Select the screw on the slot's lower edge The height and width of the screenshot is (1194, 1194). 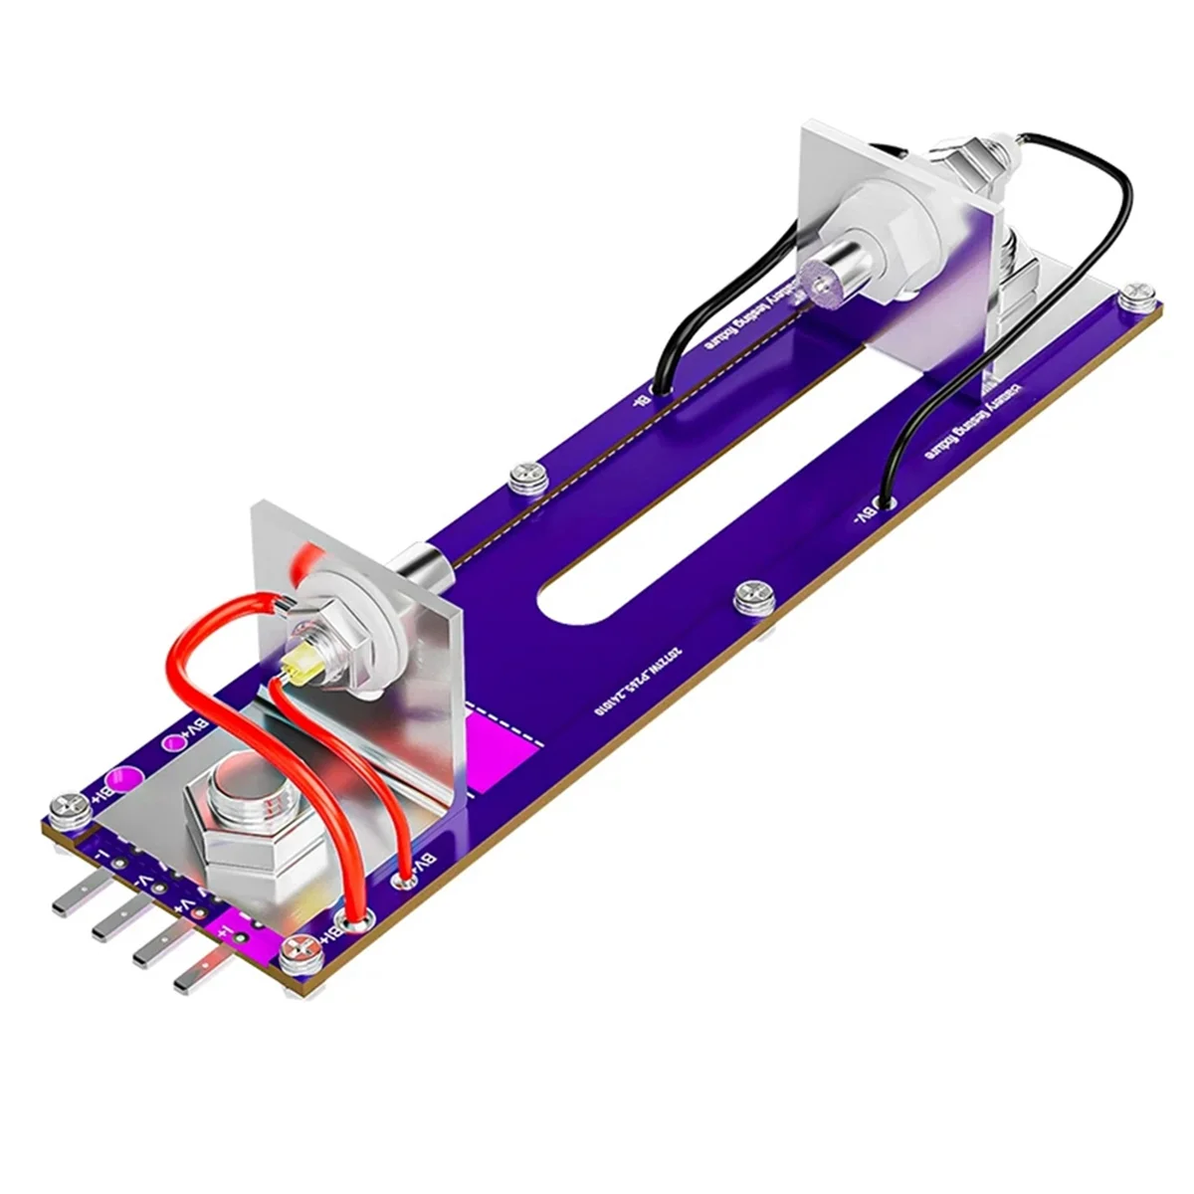pyautogui.click(x=754, y=597)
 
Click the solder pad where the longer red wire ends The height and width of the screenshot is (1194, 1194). pyautogui.click(x=355, y=923)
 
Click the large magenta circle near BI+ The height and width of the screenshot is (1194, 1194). pyautogui.click(x=124, y=778)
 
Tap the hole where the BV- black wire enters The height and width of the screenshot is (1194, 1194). pyautogui.click(x=882, y=505)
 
